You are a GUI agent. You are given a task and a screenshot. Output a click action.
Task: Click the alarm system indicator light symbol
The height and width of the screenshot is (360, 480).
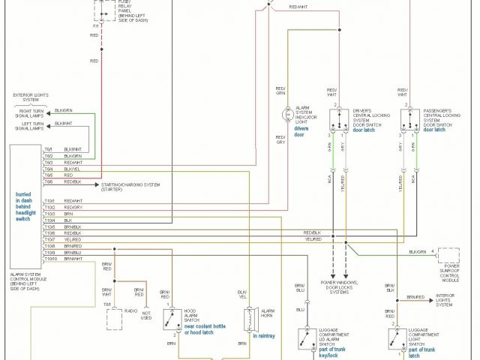tap(286, 115)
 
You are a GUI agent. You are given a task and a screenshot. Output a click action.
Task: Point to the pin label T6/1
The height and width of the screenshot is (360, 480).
tap(49, 148)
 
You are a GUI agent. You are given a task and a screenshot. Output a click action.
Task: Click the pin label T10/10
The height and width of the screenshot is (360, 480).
tap(50, 259)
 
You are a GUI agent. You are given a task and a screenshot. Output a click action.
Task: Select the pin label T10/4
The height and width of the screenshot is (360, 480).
tap(50, 220)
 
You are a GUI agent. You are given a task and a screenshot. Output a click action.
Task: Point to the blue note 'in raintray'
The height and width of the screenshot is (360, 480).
tap(264, 336)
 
